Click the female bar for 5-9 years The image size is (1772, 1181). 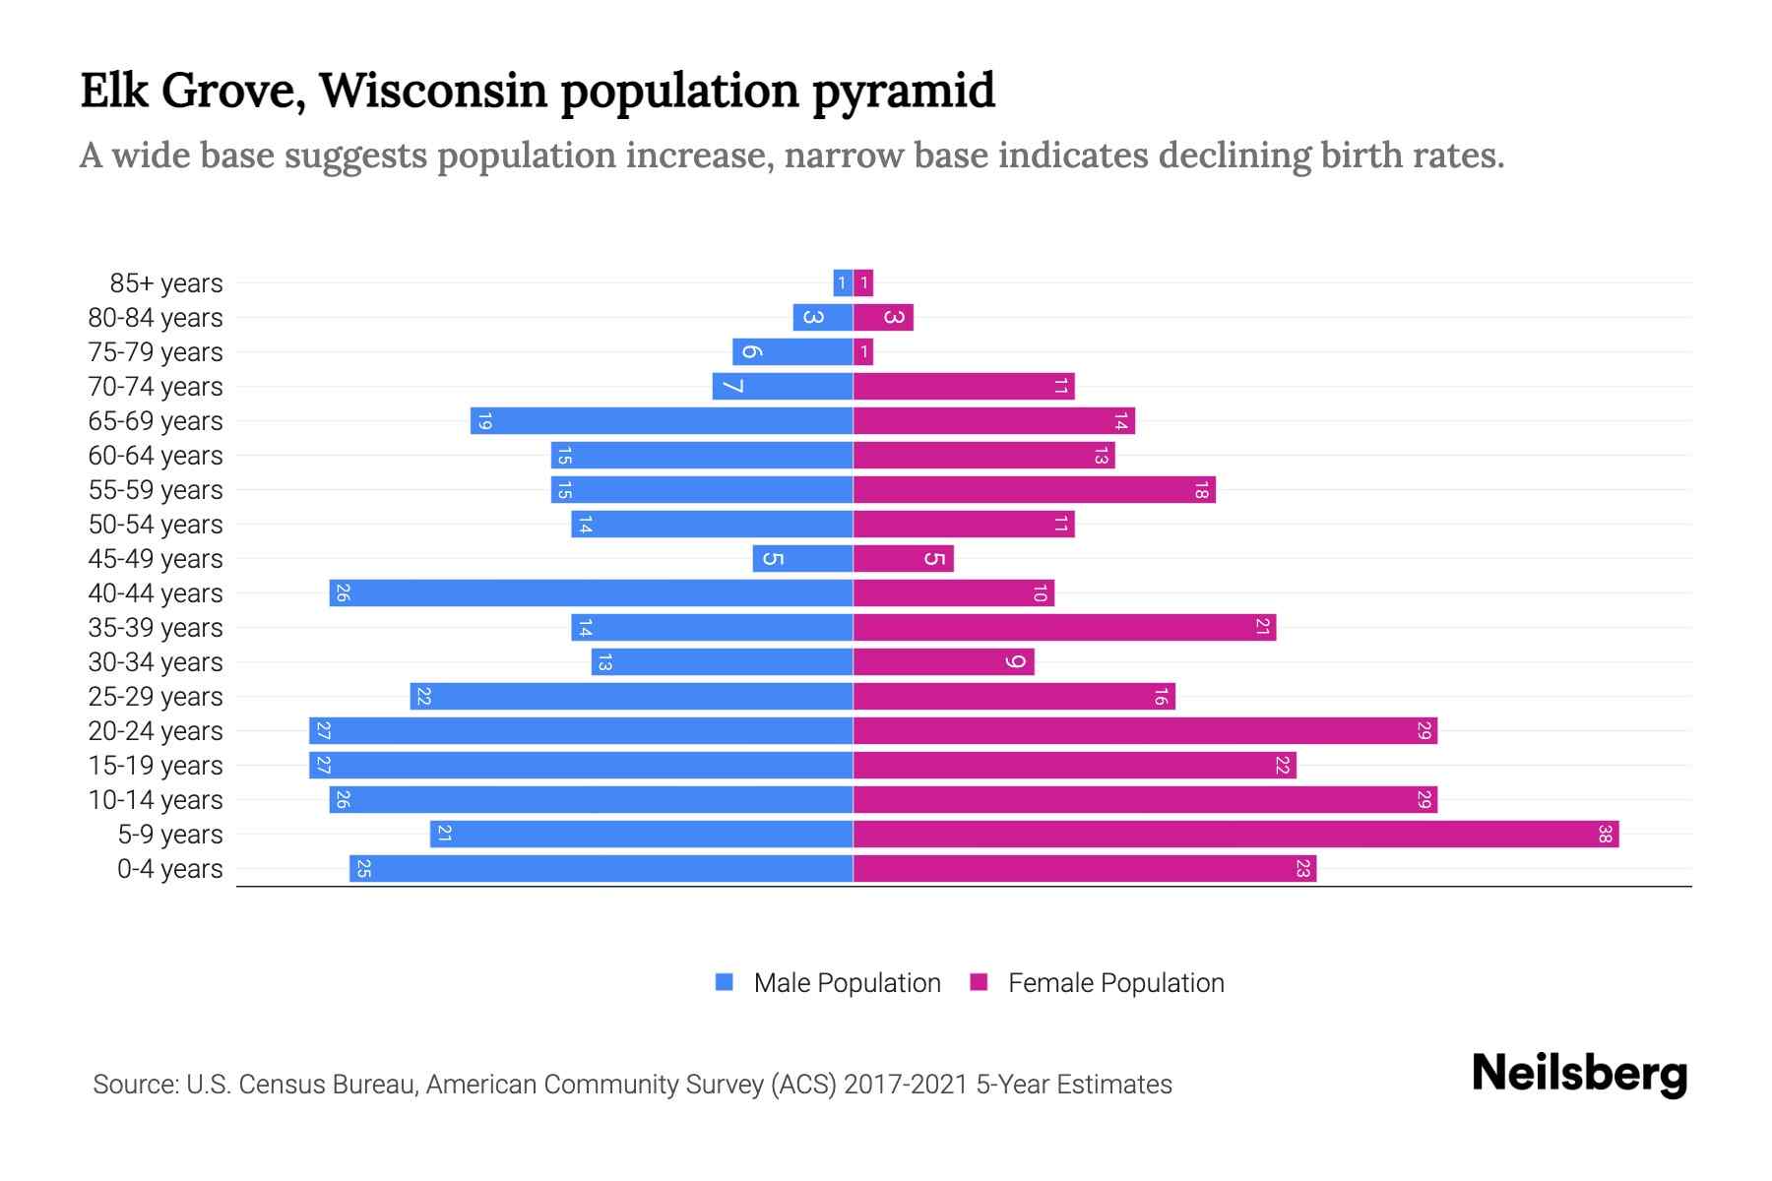pos(1235,835)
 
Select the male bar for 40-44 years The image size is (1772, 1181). pos(591,593)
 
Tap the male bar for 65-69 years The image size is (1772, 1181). pos(662,421)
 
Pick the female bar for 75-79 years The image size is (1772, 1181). pos(863,352)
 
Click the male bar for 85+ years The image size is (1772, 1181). pos(843,283)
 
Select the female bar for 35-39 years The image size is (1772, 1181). pos(1064,628)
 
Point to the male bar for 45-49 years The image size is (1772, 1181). pos(802,559)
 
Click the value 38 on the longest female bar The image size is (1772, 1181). pos(1605,835)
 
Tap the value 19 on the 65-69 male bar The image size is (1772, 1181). pos(483,421)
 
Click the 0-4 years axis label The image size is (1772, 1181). pos(169,869)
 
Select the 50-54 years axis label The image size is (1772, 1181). pos(156,525)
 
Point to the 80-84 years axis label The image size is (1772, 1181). pos(156,318)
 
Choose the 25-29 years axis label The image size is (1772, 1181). pos(156,697)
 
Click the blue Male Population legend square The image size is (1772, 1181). pos(725,982)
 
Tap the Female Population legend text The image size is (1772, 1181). pos(1115,983)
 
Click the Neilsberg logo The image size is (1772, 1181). pos(1579,1074)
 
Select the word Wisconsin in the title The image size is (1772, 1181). pos(433,91)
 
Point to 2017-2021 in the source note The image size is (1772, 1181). pos(906,1085)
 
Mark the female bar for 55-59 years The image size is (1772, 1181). pos(1034,490)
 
